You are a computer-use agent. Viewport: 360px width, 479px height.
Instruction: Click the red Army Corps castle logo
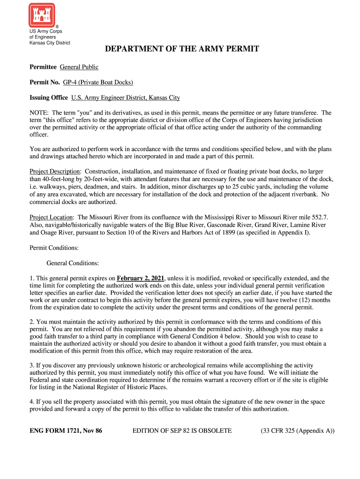click(x=42, y=15)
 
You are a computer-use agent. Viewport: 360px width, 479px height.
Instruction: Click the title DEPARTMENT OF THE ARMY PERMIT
click(x=181, y=49)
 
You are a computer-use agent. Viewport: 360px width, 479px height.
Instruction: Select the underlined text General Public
click(x=79, y=67)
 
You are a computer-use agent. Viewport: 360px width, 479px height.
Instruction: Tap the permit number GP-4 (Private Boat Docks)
click(x=98, y=82)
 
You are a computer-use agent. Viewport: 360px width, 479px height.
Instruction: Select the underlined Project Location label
click(x=51, y=218)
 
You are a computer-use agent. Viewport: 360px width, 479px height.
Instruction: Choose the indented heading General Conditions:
click(x=72, y=263)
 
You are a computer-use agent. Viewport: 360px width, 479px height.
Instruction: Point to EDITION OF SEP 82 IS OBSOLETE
click(x=182, y=431)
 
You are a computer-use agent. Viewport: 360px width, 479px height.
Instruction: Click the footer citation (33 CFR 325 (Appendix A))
click(x=298, y=431)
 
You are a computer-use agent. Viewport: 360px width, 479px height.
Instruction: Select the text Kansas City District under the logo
click(x=50, y=43)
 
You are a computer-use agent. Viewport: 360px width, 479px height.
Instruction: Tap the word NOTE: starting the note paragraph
click(x=39, y=113)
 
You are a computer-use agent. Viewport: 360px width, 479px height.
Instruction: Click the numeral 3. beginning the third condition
click(x=32, y=365)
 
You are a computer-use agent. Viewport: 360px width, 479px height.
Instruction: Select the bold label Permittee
click(x=43, y=67)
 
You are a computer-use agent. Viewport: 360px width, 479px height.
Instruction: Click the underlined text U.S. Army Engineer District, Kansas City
click(x=125, y=98)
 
